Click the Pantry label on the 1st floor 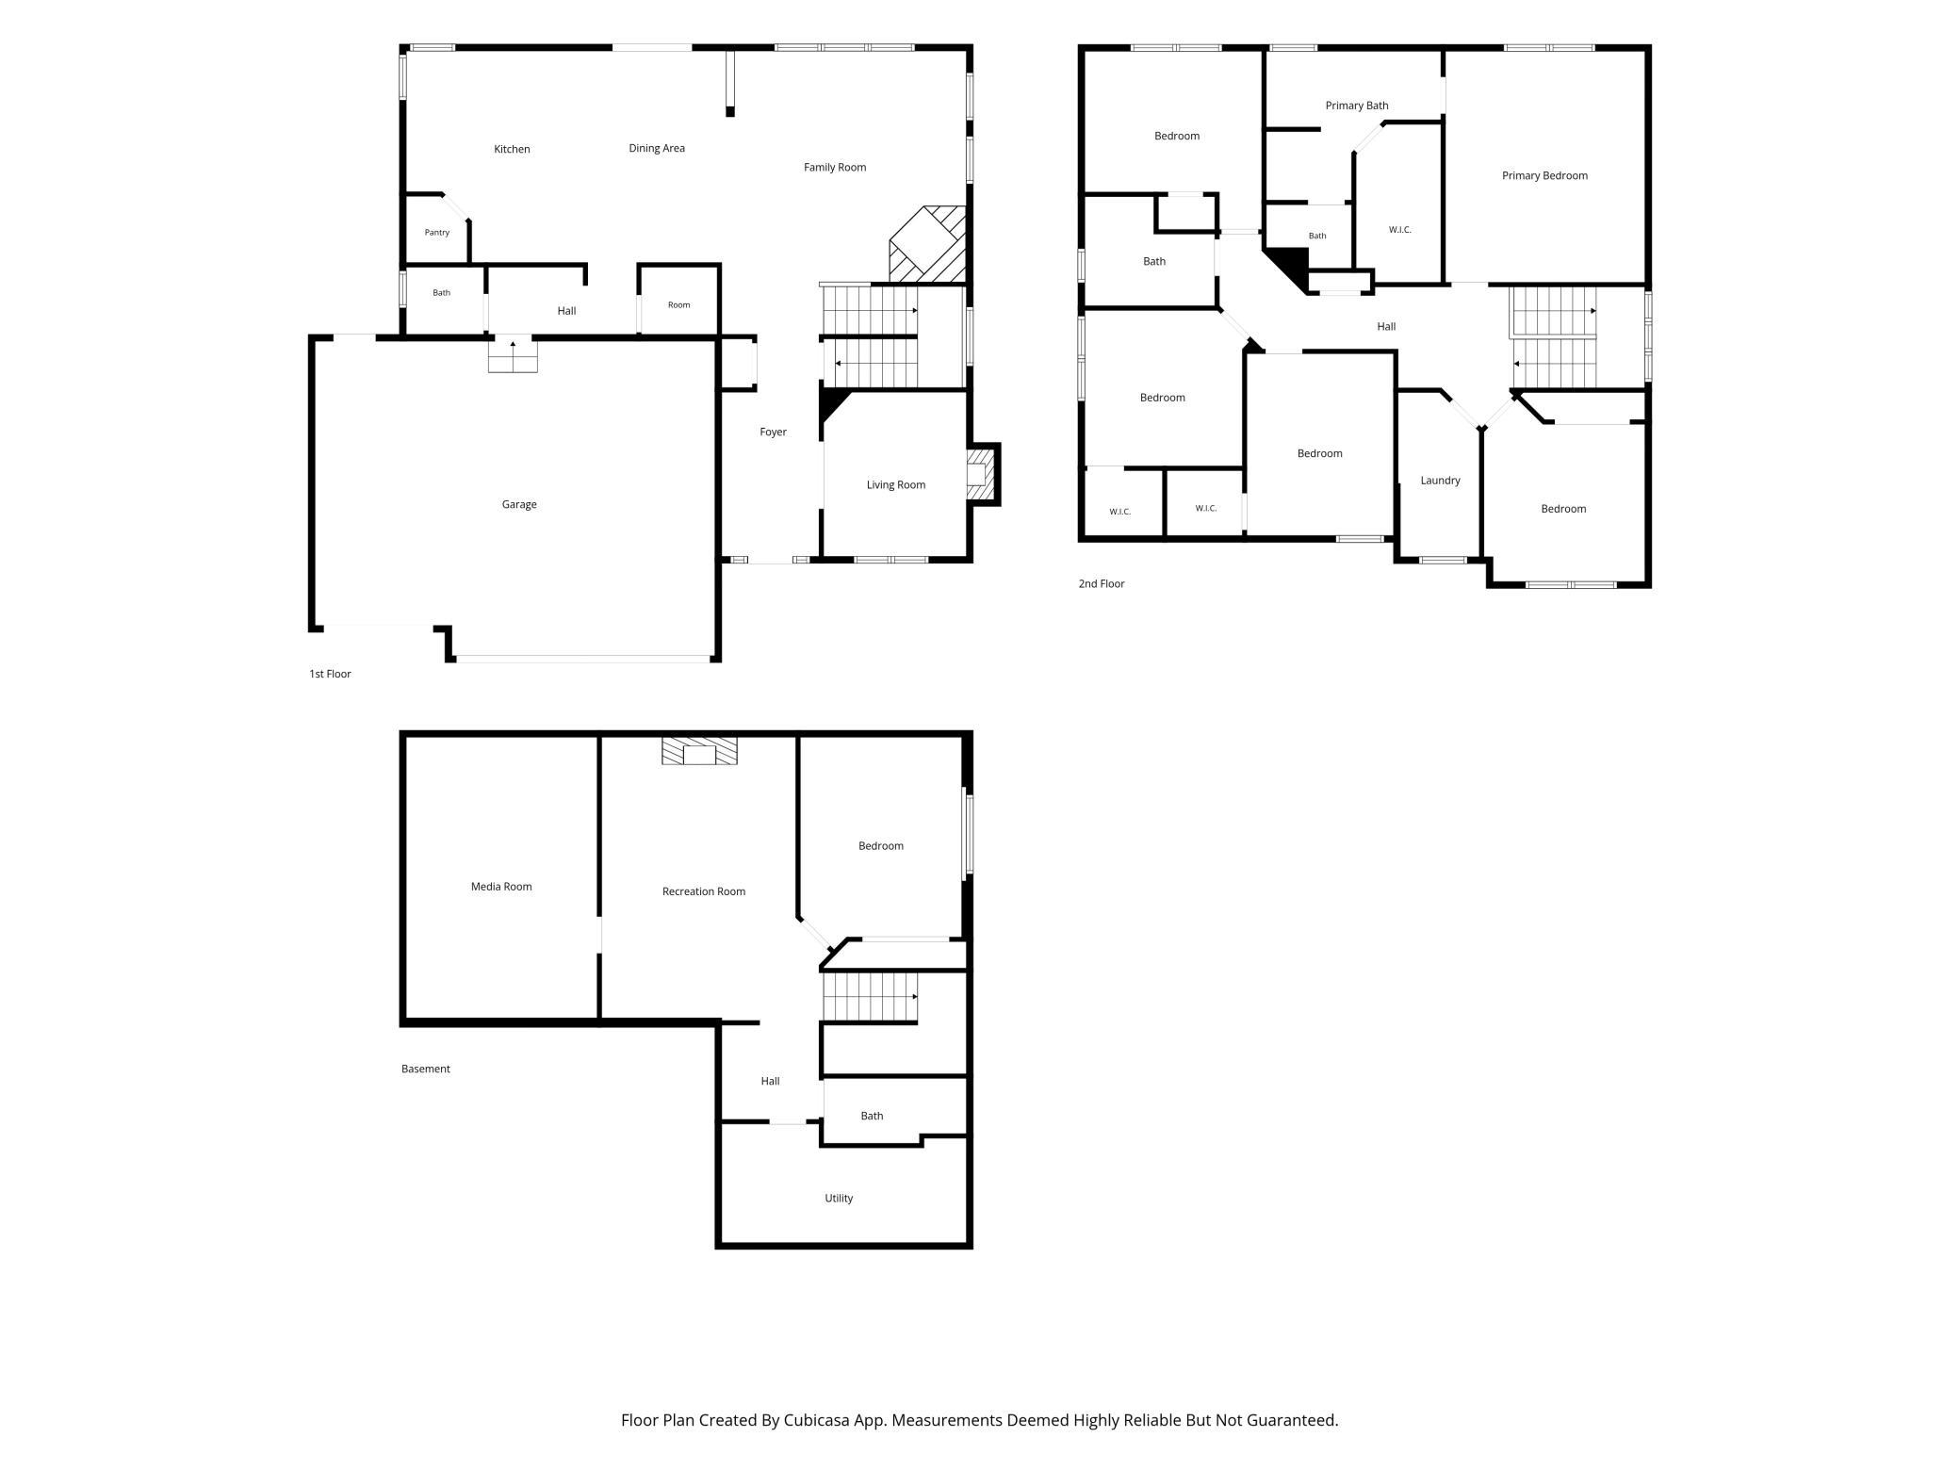point(437,233)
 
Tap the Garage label point(519,505)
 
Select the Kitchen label point(512,149)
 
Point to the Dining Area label point(657,148)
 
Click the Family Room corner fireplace point(928,244)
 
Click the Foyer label point(774,433)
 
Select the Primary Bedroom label point(1544,175)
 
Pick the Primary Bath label point(1357,106)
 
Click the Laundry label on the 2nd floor point(1440,481)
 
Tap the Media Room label point(501,887)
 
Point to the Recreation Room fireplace point(699,751)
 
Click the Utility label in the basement point(839,1199)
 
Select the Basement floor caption point(426,1069)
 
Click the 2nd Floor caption point(1102,584)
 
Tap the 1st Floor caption point(330,674)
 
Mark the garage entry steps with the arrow point(513,355)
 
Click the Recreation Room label point(704,891)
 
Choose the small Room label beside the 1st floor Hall point(678,305)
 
